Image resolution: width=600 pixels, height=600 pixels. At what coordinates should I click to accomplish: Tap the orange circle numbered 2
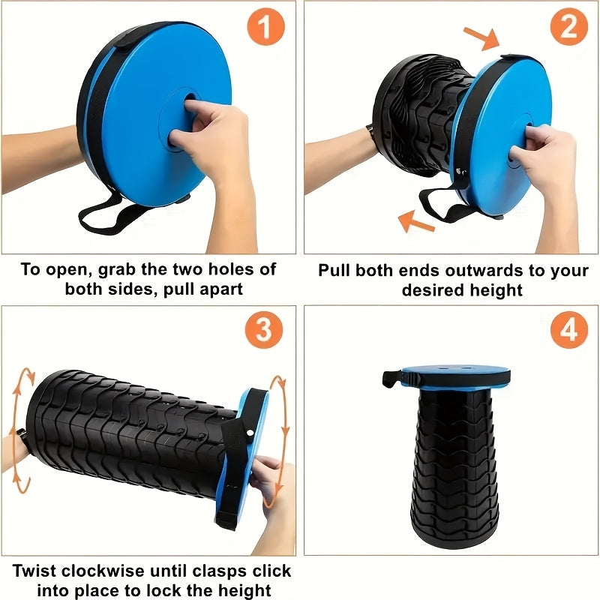pos(569,28)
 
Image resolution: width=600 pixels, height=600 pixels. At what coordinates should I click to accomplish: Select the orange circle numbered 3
pos(263,330)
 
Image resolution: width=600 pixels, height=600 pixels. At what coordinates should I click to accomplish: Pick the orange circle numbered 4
pos(569,331)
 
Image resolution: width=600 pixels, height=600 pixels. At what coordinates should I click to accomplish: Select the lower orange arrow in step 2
pos(417,220)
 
